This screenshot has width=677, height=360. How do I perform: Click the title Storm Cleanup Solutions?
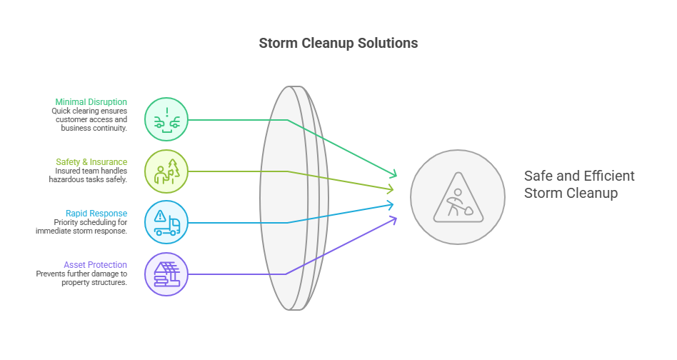(x=338, y=44)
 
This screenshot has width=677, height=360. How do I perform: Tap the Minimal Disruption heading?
(x=91, y=102)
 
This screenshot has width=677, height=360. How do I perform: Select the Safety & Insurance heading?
(x=91, y=162)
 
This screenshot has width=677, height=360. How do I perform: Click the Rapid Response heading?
(x=96, y=213)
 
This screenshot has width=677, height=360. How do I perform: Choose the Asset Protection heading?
(x=95, y=265)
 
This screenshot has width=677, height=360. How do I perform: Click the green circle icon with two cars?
(x=166, y=119)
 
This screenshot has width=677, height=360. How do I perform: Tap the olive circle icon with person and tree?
(x=166, y=171)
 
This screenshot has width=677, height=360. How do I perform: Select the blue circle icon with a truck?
(x=166, y=222)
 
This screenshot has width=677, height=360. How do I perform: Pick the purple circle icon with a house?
(x=166, y=274)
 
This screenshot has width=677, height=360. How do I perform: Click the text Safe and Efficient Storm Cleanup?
(x=578, y=184)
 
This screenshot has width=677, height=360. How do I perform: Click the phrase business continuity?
(x=94, y=129)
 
